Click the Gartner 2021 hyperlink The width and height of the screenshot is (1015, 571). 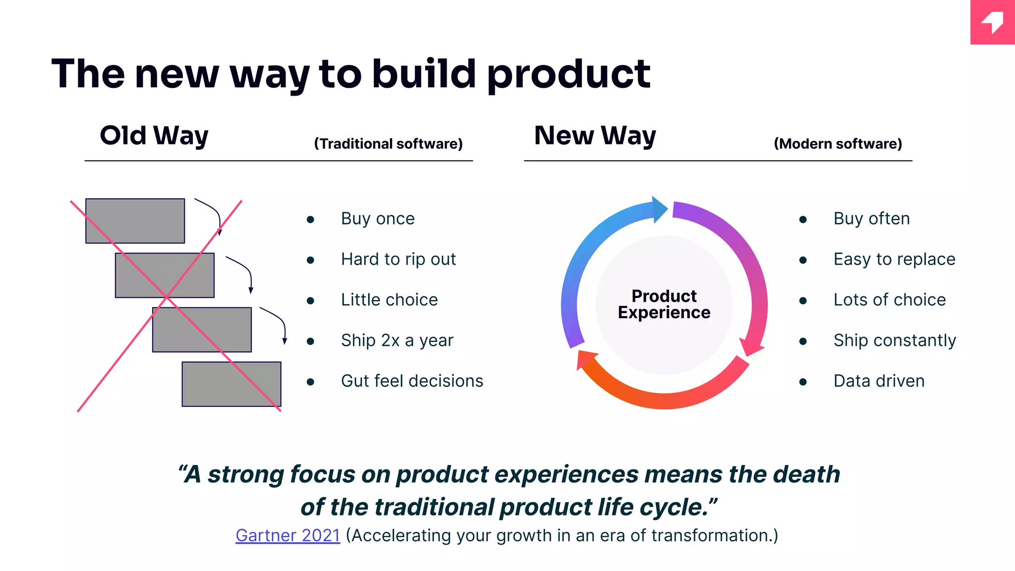pos(287,536)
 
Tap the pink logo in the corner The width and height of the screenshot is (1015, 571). pos(992,22)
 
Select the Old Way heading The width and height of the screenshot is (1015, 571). pos(154,136)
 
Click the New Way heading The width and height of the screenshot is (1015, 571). pos(595,136)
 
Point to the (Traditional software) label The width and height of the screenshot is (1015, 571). pos(388,144)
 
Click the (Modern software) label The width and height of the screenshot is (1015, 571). pos(838,144)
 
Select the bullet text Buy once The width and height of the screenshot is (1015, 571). pos(378,219)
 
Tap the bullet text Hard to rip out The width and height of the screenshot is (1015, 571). pos(398,259)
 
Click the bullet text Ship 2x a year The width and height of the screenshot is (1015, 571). pos(397,341)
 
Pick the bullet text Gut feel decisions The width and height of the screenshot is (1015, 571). pos(412,381)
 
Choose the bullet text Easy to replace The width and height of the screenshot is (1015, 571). pos(894,259)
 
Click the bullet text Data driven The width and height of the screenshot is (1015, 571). pos(879,381)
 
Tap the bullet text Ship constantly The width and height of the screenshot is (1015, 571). pos(895,341)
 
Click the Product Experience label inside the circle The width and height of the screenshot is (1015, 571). pos(664,304)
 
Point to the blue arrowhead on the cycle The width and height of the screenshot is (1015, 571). pos(659,210)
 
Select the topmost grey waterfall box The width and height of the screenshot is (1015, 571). pos(135,221)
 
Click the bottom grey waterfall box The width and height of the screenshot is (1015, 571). pos(231,384)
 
